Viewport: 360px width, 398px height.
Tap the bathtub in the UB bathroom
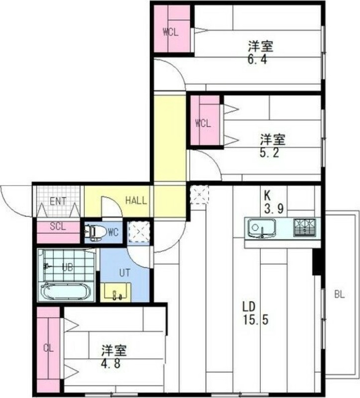(x=66, y=291)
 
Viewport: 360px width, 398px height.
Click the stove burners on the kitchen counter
(x=304, y=227)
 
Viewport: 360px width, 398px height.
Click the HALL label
(x=135, y=201)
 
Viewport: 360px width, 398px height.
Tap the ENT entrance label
(x=59, y=201)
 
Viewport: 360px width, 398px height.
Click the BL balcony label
(x=340, y=295)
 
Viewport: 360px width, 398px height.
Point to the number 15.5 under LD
(x=255, y=320)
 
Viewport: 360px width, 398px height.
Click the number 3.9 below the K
(x=273, y=209)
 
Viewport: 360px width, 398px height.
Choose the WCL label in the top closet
(x=171, y=32)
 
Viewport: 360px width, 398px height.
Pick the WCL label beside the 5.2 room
(x=203, y=123)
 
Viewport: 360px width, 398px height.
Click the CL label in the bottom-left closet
(x=48, y=348)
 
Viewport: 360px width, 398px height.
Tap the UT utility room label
(x=124, y=273)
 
